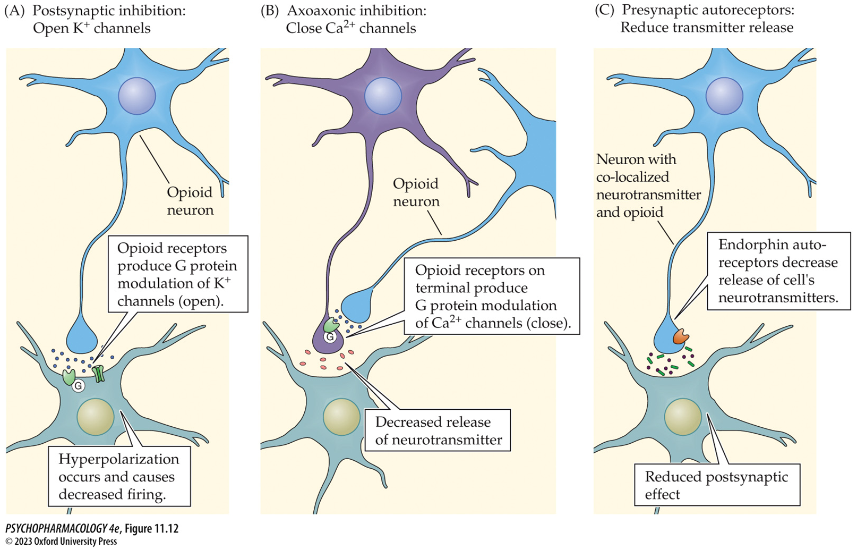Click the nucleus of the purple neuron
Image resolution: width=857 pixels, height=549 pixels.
[x=383, y=96]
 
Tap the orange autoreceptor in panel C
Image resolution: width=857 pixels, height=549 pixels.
[x=681, y=336]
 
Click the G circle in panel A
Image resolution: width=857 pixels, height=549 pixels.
[x=79, y=386]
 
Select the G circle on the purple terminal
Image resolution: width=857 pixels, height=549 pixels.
[x=330, y=336]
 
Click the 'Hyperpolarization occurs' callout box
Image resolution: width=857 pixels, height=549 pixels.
[x=119, y=476]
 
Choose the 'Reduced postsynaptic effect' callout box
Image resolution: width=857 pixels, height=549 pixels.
[x=717, y=485]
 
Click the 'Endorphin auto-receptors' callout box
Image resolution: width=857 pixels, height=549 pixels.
[x=778, y=271]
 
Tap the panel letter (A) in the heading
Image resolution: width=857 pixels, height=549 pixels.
[x=14, y=11]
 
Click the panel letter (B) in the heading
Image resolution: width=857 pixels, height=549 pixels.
[x=270, y=11]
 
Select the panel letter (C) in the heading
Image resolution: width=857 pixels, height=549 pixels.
[x=604, y=10]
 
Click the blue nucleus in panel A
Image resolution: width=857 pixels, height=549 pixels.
[x=137, y=96]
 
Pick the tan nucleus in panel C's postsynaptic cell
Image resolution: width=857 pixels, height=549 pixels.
[x=683, y=417]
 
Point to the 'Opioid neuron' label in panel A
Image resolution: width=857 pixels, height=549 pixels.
[x=190, y=201]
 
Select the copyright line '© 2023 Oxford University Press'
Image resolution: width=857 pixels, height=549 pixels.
[x=61, y=542]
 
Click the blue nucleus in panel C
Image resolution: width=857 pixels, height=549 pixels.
[x=724, y=96]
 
